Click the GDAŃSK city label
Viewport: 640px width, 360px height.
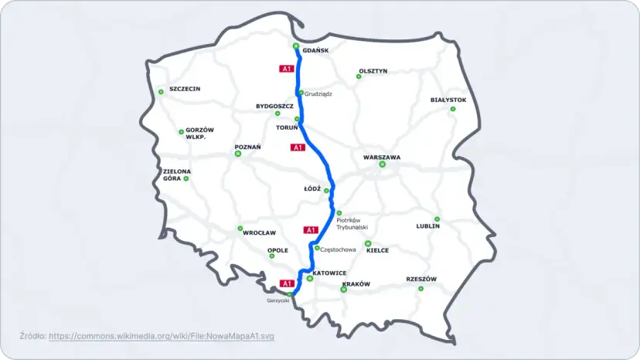pos(316,51)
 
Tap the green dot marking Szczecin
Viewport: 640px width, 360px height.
pos(161,92)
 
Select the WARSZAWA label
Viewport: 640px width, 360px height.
pos(382,157)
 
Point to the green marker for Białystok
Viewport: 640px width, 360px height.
pos(453,109)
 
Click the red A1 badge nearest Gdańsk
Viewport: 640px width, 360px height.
pos(286,69)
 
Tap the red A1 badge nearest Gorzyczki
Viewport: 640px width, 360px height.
pos(286,283)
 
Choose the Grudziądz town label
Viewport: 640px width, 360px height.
pos(318,93)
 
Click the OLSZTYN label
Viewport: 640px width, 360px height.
pos(373,71)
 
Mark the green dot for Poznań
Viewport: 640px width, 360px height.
pos(238,154)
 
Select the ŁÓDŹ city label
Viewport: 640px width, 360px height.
pos(312,188)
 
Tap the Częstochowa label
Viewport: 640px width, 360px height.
pos(338,250)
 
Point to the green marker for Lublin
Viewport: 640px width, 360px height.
pos(437,219)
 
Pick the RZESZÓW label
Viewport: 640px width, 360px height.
pos(421,279)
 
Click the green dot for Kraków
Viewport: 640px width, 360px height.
pos(344,290)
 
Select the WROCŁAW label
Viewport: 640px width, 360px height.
pos(259,233)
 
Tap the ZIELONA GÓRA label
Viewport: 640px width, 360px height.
pos(177,175)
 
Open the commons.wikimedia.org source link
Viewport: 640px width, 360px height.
pos(161,336)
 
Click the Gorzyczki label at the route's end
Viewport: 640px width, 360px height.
pos(277,300)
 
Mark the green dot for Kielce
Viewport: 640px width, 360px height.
pos(368,243)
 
